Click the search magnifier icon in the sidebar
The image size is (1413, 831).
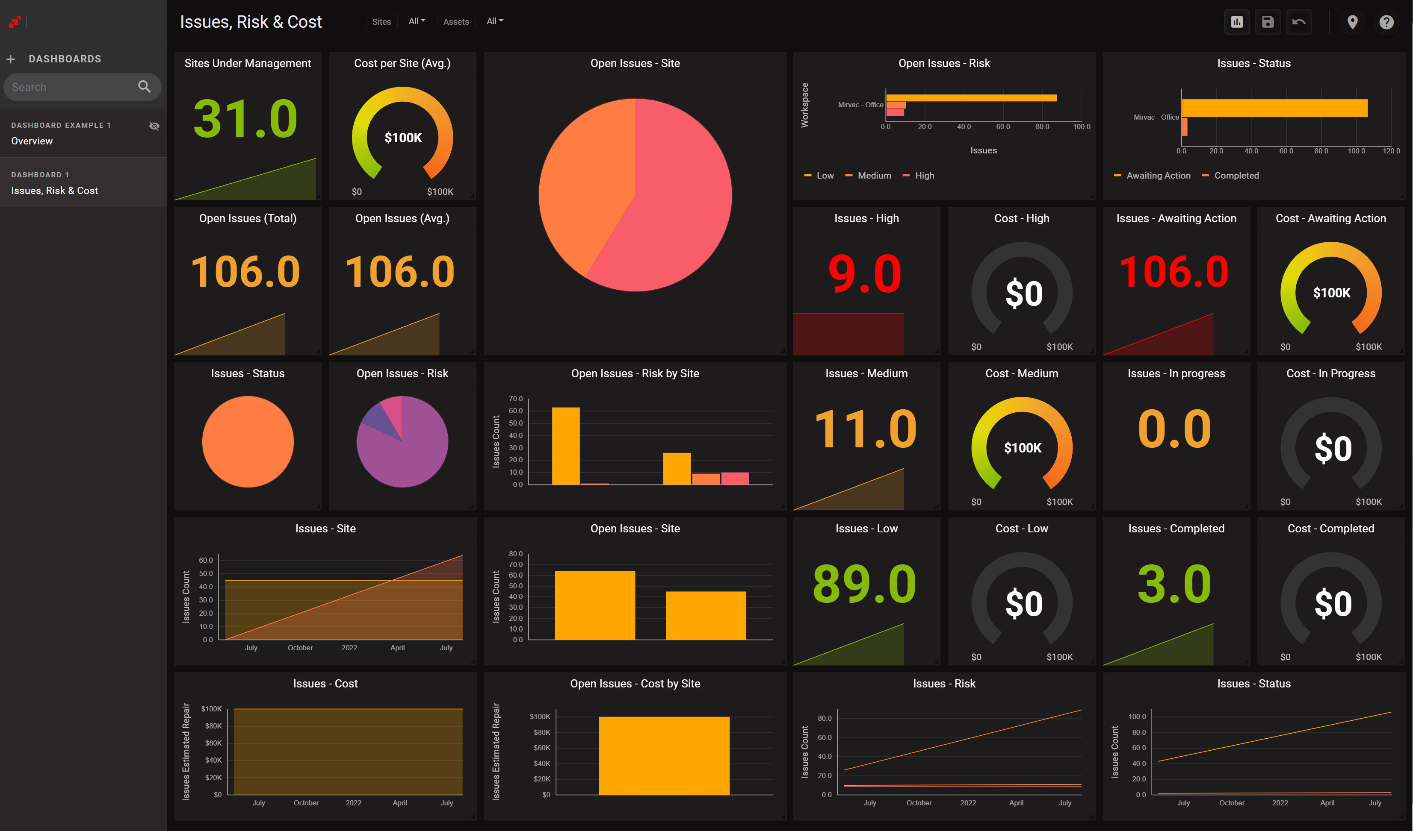(x=144, y=87)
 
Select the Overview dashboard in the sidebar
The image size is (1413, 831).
(x=32, y=141)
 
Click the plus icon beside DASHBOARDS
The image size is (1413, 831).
(x=11, y=59)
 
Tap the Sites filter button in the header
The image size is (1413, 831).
(x=381, y=22)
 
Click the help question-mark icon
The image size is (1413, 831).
(x=1386, y=22)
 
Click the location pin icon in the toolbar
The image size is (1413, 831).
(x=1352, y=22)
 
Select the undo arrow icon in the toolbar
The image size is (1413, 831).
(x=1299, y=22)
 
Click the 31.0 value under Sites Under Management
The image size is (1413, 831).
(x=245, y=119)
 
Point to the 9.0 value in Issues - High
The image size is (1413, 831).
(x=865, y=273)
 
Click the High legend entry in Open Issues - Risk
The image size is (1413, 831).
(x=923, y=176)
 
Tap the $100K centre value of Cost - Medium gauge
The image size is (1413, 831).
(x=1022, y=448)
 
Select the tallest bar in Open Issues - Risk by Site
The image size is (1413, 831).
(x=565, y=446)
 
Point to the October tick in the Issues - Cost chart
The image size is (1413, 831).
(x=306, y=803)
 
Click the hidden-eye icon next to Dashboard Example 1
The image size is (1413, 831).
(x=154, y=126)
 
